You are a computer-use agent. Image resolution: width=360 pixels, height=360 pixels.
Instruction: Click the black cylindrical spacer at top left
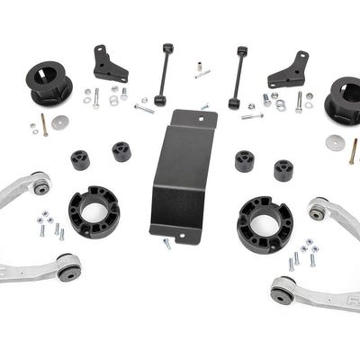pyautogui.click(x=51, y=81)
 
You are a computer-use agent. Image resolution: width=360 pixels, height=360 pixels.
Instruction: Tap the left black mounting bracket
pyautogui.click(x=110, y=63)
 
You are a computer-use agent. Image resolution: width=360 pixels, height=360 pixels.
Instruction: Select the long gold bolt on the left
pyautogui.click(x=42, y=127)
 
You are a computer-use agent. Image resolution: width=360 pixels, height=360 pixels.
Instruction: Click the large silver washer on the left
pyautogui.click(x=60, y=121)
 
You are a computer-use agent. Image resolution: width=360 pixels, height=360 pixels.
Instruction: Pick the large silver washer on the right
pyautogui.click(x=335, y=142)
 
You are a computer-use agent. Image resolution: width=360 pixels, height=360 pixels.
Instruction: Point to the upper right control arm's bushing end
pyautogui.click(x=318, y=210)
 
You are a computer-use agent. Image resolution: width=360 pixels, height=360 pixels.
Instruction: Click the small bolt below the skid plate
pyautogui.click(x=166, y=243)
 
